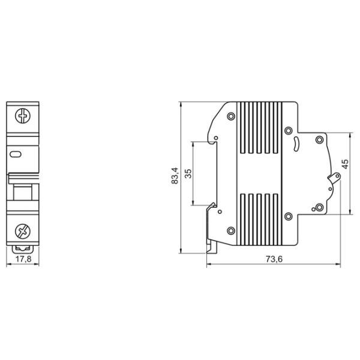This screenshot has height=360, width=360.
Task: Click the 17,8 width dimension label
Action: point(23,259)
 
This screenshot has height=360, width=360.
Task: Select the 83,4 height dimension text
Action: point(175,176)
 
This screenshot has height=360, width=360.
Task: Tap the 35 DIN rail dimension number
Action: point(188,173)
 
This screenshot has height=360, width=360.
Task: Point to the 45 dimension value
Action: point(345,164)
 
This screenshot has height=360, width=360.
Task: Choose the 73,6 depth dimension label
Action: point(274,259)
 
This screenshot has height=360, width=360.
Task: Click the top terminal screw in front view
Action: point(23,116)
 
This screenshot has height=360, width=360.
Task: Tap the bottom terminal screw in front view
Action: point(23,232)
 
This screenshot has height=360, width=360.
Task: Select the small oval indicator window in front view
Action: point(16,154)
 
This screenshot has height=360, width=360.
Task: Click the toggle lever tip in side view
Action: point(337,176)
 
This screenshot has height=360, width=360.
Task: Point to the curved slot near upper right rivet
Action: point(296,145)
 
